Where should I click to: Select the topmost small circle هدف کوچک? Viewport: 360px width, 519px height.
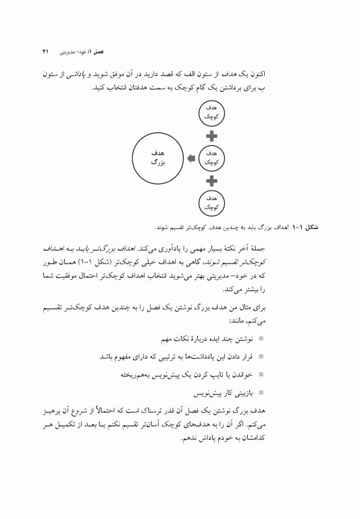click(211, 112)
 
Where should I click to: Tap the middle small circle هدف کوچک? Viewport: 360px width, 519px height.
click(211, 158)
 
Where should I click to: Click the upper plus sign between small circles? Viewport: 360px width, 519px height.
click(211, 135)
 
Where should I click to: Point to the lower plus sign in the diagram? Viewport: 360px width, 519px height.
click(211, 181)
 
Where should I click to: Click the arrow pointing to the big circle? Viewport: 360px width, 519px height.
click(190, 158)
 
